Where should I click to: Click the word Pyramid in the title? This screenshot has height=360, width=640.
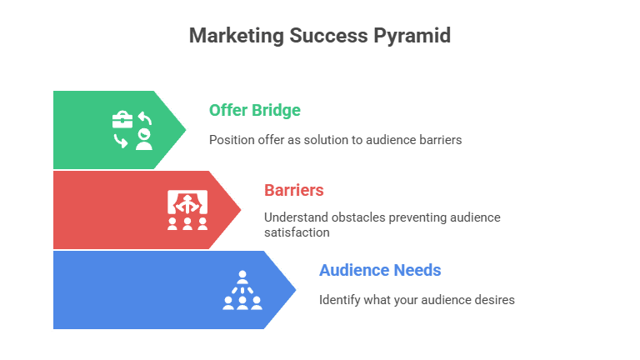click(x=412, y=36)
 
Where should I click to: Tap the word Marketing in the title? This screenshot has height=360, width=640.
click(x=237, y=36)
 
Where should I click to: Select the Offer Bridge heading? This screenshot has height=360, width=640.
click(x=255, y=110)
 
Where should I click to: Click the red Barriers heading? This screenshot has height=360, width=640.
click(x=294, y=190)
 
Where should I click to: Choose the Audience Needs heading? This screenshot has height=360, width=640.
click(x=380, y=270)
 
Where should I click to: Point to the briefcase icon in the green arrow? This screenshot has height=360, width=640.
click(x=122, y=120)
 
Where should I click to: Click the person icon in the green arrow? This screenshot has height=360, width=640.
click(x=144, y=140)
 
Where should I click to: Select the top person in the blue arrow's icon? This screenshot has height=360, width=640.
click(x=242, y=277)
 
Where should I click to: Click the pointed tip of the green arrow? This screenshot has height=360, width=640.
click(x=186, y=130)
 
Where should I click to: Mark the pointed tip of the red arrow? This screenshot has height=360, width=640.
click(x=241, y=210)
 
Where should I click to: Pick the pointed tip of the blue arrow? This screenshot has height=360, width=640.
click(x=296, y=290)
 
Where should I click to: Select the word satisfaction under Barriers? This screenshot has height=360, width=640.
click(x=297, y=232)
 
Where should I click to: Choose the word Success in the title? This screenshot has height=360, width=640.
click(x=328, y=36)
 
